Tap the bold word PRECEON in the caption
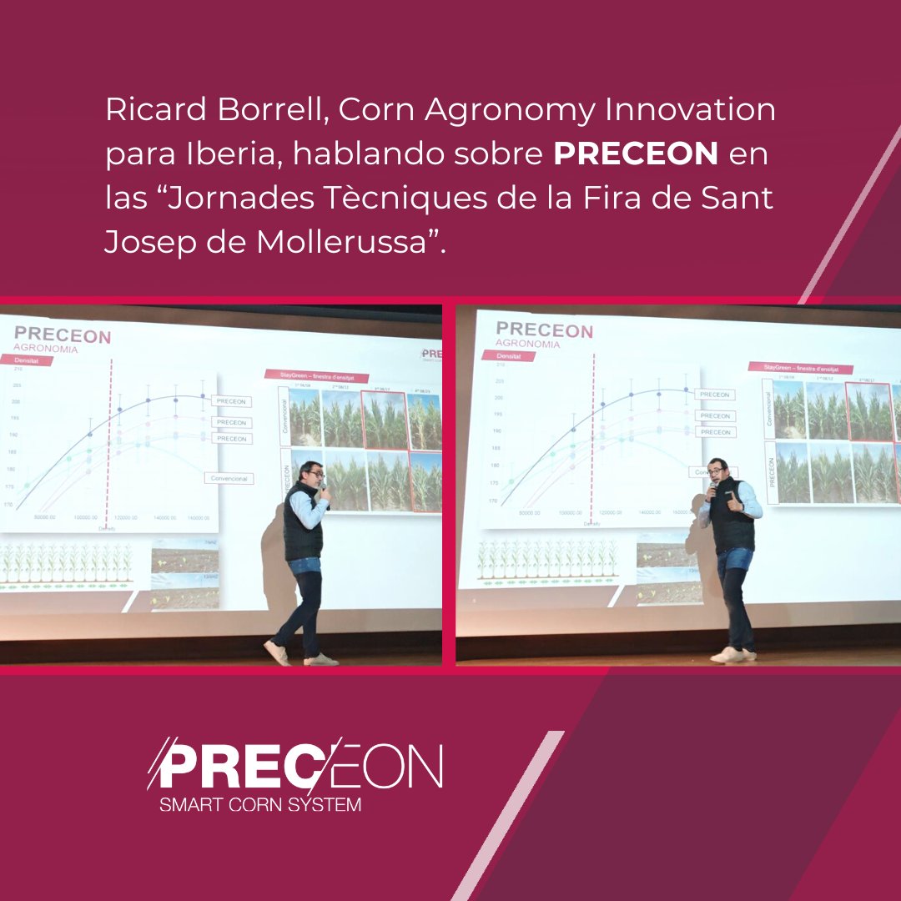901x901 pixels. [x=636, y=154]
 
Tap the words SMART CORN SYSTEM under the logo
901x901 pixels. [x=260, y=805]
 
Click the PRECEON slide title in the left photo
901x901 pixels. [x=62, y=336]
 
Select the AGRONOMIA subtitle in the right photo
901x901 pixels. [x=527, y=343]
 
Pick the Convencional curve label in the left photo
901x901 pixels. [x=229, y=478]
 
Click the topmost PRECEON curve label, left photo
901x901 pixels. [x=231, y=401]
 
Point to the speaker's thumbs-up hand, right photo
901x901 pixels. [x=732, y=501]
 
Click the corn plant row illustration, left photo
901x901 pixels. [x=67, y=563]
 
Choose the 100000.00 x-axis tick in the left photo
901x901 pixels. [x=86, y=517]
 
